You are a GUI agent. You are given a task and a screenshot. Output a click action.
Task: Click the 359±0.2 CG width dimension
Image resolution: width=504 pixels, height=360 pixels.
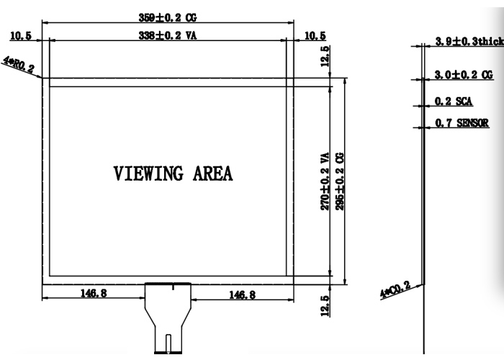coord(168,17)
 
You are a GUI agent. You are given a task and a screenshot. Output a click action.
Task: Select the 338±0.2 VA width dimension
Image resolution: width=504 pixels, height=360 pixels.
coord(168,35)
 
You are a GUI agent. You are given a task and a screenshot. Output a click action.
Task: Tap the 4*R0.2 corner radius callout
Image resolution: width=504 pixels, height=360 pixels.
coord(19,64)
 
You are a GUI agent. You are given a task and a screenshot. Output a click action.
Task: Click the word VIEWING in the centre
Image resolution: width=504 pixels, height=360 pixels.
coord(148,174)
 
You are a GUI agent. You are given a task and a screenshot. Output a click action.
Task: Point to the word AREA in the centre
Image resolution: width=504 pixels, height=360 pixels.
coord(212,174)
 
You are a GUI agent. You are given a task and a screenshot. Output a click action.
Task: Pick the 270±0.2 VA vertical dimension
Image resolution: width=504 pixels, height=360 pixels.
coord(325,181)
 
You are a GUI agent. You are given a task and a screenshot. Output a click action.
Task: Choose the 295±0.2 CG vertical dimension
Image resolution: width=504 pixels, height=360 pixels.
coord(339,181)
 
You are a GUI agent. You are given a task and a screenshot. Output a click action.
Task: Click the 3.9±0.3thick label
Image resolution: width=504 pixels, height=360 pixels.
coord(469,41)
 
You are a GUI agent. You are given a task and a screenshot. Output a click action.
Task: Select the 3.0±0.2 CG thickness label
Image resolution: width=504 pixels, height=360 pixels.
coord(464,75)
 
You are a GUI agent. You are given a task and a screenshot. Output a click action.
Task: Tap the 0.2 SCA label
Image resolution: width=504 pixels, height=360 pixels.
coord(454,102)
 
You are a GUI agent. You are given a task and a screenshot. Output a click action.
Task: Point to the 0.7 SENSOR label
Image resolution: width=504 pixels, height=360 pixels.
coord(462,122)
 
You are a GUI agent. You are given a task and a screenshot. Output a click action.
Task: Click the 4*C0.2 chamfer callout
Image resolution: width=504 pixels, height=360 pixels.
coord(395,289)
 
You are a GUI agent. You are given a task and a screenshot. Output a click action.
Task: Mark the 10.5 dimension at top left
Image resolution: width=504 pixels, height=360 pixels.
coord(21,36)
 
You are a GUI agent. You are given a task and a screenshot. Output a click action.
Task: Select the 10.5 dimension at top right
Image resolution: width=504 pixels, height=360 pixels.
coord(315,36)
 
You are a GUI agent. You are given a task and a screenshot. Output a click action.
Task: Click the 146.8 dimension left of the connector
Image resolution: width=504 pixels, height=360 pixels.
coord(94,293)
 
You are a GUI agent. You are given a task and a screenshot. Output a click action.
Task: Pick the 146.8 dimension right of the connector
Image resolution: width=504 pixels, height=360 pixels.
coord(243,294)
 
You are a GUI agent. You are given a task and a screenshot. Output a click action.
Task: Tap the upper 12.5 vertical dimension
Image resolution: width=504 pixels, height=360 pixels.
coord(325,56)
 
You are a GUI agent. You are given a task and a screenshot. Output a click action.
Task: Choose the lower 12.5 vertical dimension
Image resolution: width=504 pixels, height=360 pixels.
coord(325,306)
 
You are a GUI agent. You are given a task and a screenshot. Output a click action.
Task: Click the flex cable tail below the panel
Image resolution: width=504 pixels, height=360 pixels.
coord(168,318)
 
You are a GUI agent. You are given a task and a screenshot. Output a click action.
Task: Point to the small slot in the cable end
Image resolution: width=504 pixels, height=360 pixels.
coord(168,343)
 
